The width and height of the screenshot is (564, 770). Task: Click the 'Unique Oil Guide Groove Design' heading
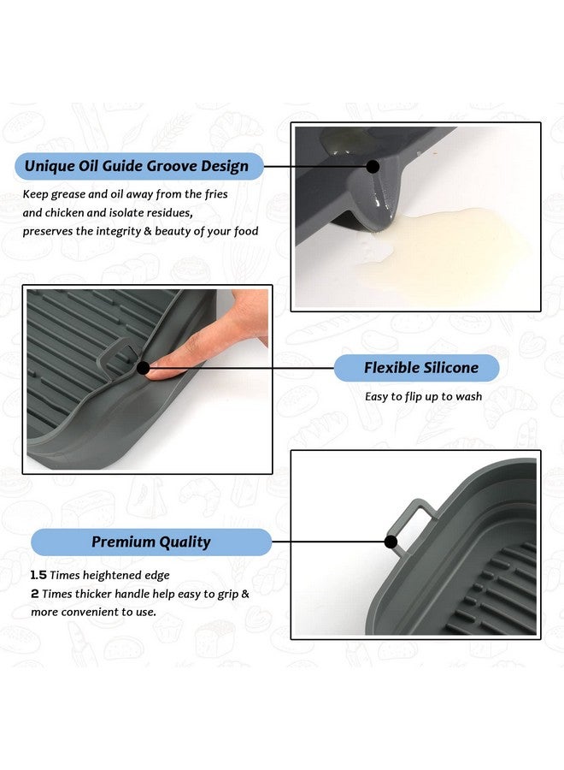[x=137, y=166]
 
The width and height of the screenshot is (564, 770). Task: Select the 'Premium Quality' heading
[x=150, y=542]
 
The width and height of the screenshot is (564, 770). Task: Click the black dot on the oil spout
[x=373, y=167]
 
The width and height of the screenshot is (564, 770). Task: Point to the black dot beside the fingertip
[x=143, y=369]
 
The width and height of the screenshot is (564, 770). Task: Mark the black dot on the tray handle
[x=391, y=542]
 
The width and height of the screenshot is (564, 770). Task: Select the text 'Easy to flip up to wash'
[x=423, y=396]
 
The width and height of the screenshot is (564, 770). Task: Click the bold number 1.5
[x=38, y=575]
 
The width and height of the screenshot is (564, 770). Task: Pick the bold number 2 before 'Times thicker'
[x=35, y=593]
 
